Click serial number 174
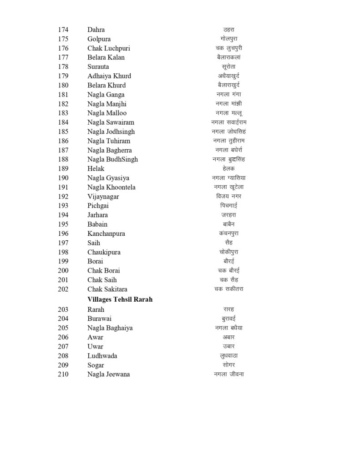(x=63, y=30)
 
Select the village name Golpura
(x=99, y=39)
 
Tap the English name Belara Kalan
(x=106, y=57)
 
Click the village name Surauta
(x=98, y=66)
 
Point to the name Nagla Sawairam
(x=111, y=122)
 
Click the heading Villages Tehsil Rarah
(x=120, y=299)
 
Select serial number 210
(x=63, y=374)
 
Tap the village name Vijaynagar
(x=104, y=196)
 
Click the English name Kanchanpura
(x=106, y=233)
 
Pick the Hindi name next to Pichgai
(x=228, y=206)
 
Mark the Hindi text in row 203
(x=228, y=309)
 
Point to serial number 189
(x=63, y=168)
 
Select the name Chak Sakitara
(x=107, y=289)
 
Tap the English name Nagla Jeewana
(x=108, y=374)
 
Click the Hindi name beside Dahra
(x=228, y=30)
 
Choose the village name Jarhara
(x=97, y=215)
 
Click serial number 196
(x=63, y=233)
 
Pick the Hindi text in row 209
(x=228, y=365)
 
